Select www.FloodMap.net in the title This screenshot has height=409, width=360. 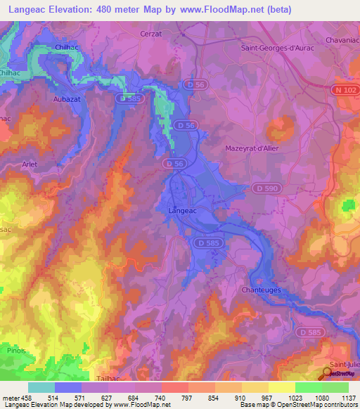(x=221, y=9)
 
